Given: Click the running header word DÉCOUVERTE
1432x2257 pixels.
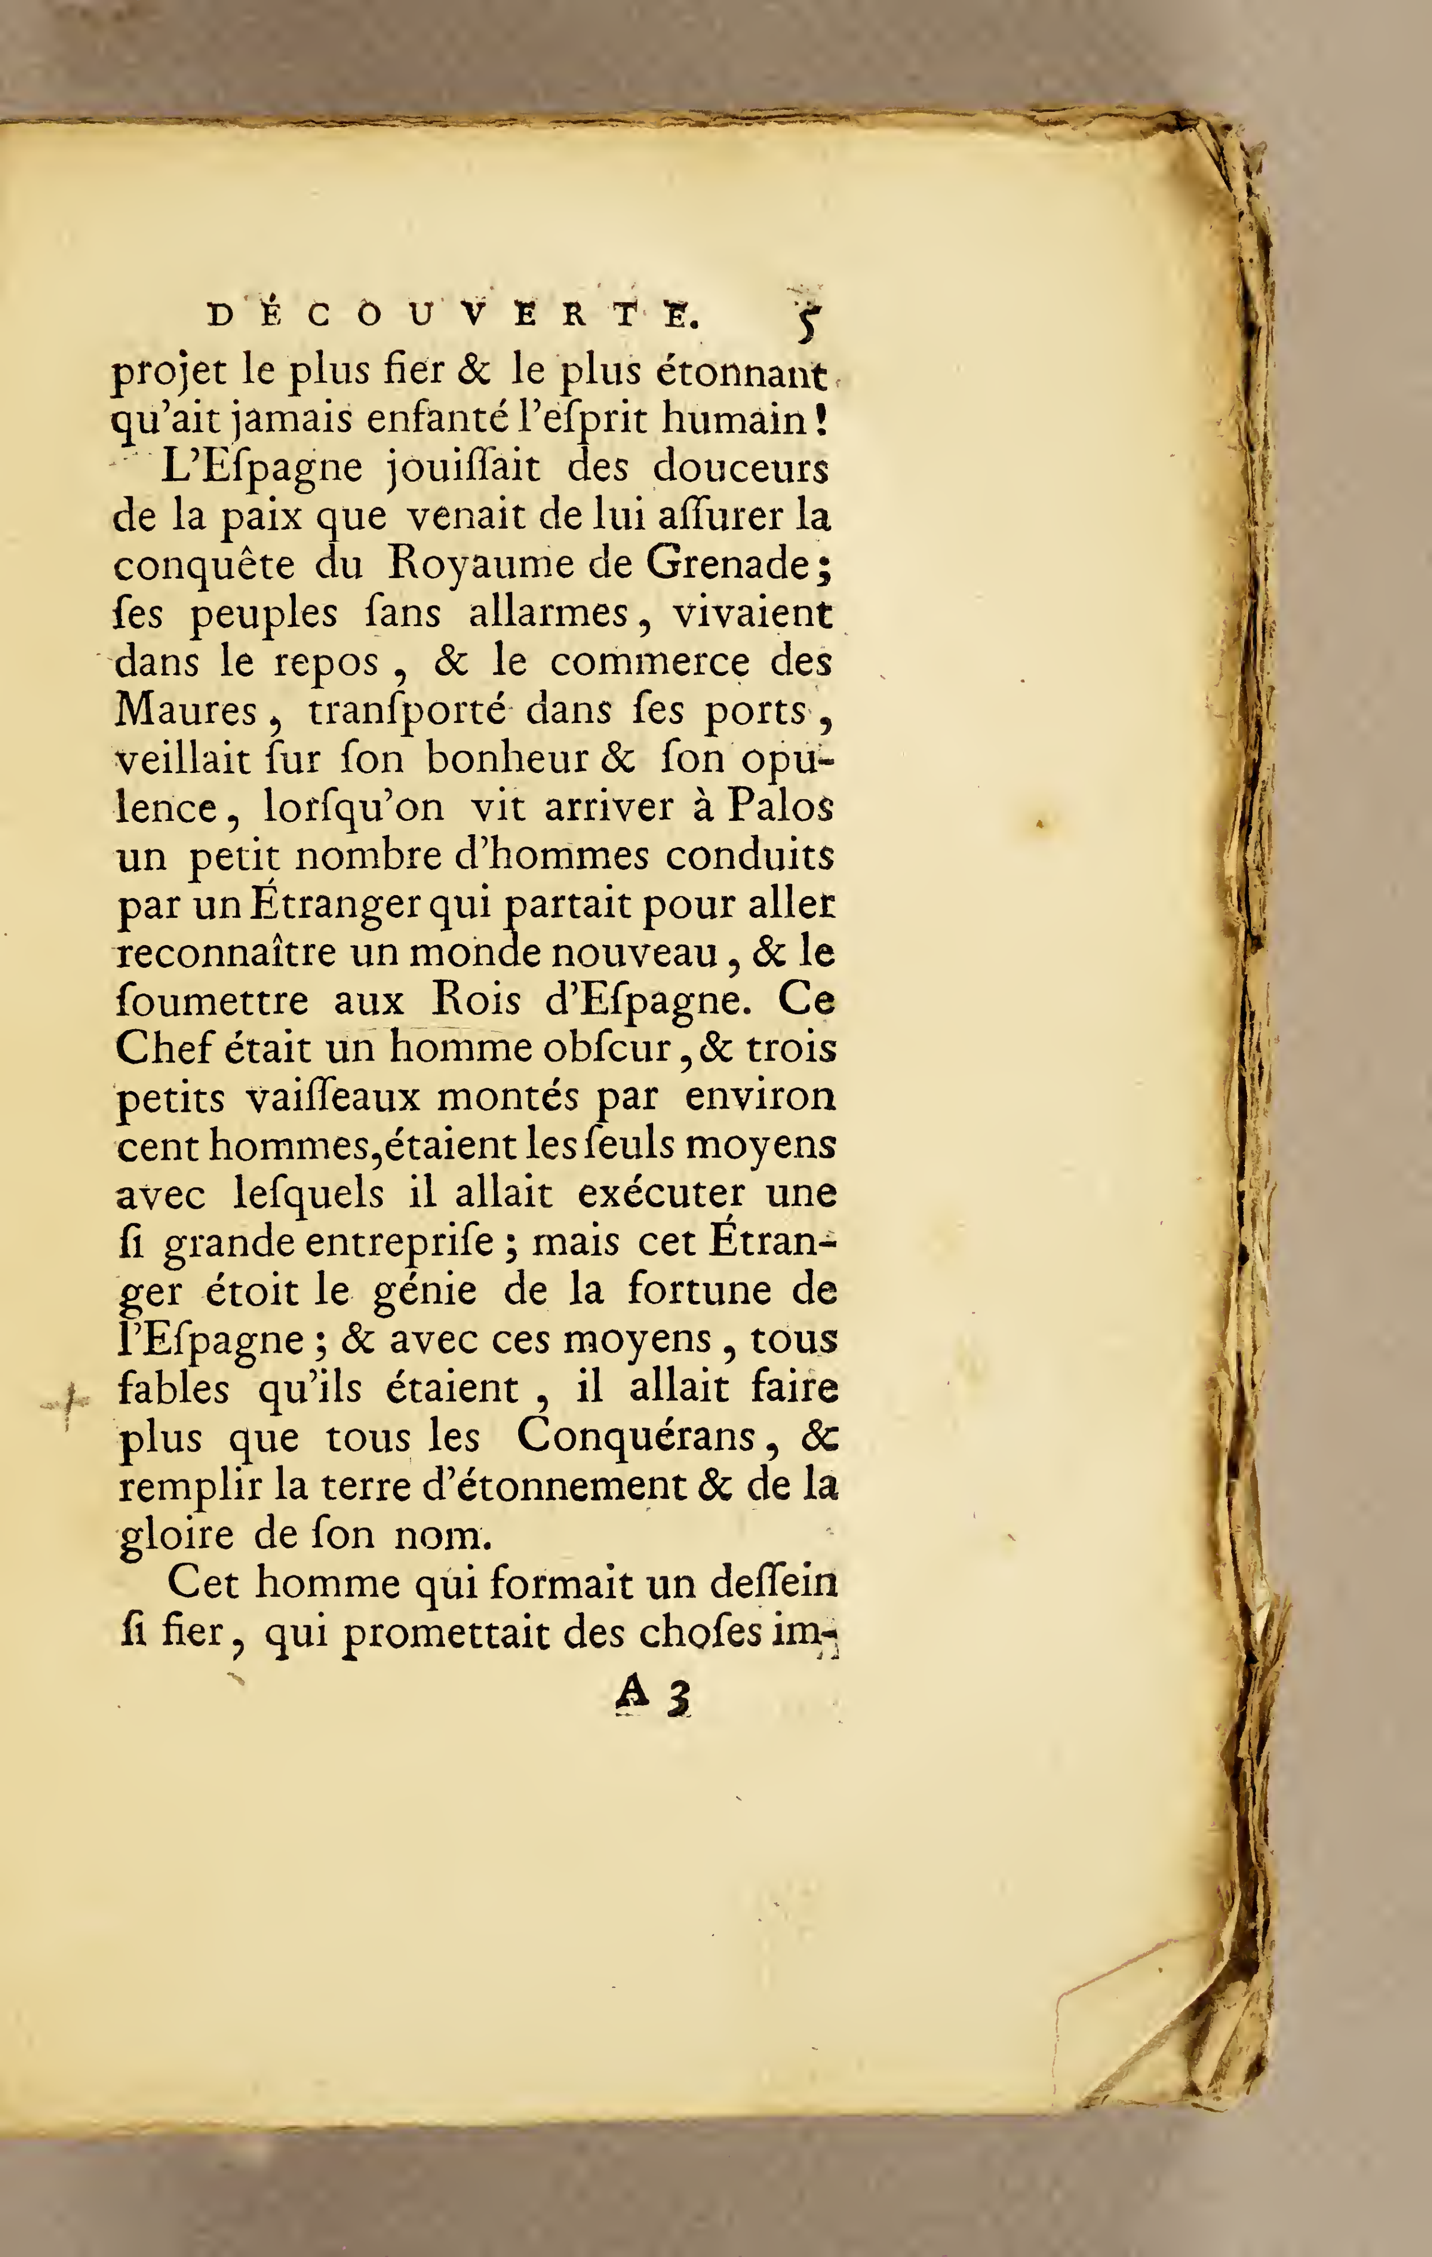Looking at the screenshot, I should tap(453, 316).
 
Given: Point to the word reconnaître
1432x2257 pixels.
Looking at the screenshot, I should tap(226, 952).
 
